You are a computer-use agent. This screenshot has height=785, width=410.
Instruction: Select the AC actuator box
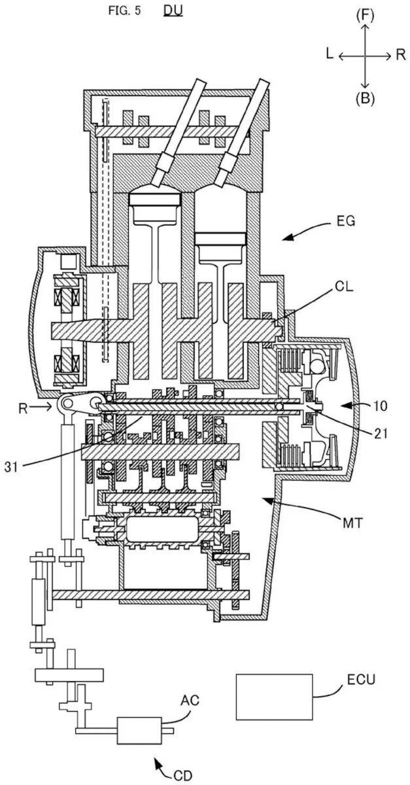click(139, 730)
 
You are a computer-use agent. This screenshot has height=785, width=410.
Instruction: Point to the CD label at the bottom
click(183, 776)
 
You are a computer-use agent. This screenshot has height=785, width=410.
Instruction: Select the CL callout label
click(344, 287)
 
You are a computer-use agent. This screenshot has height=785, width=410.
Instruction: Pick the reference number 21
click(381, 434)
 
